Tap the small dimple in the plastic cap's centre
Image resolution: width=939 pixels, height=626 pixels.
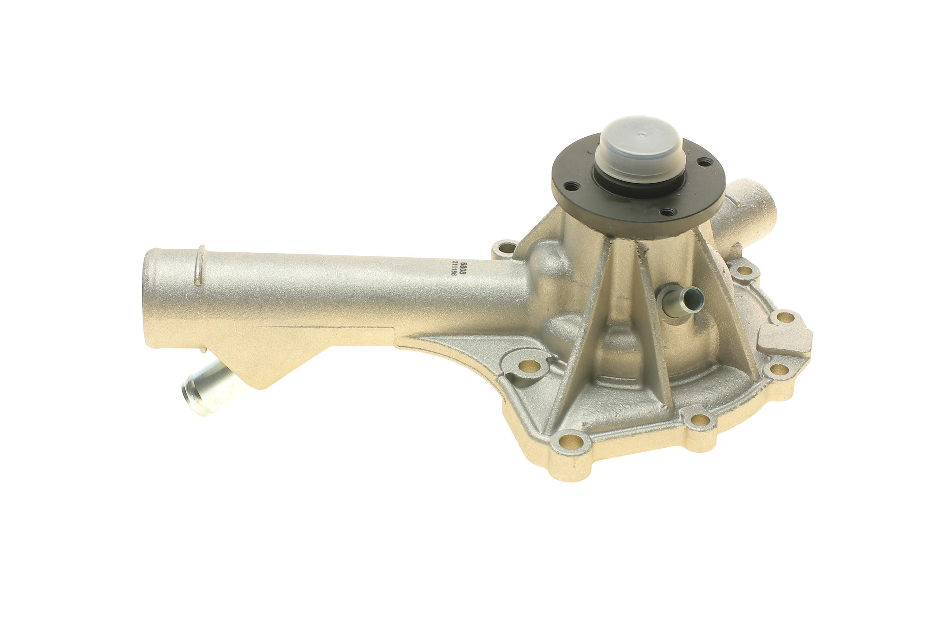[x=639, y=135]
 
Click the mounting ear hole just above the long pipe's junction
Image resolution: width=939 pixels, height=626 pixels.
[x=504, y=248]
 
